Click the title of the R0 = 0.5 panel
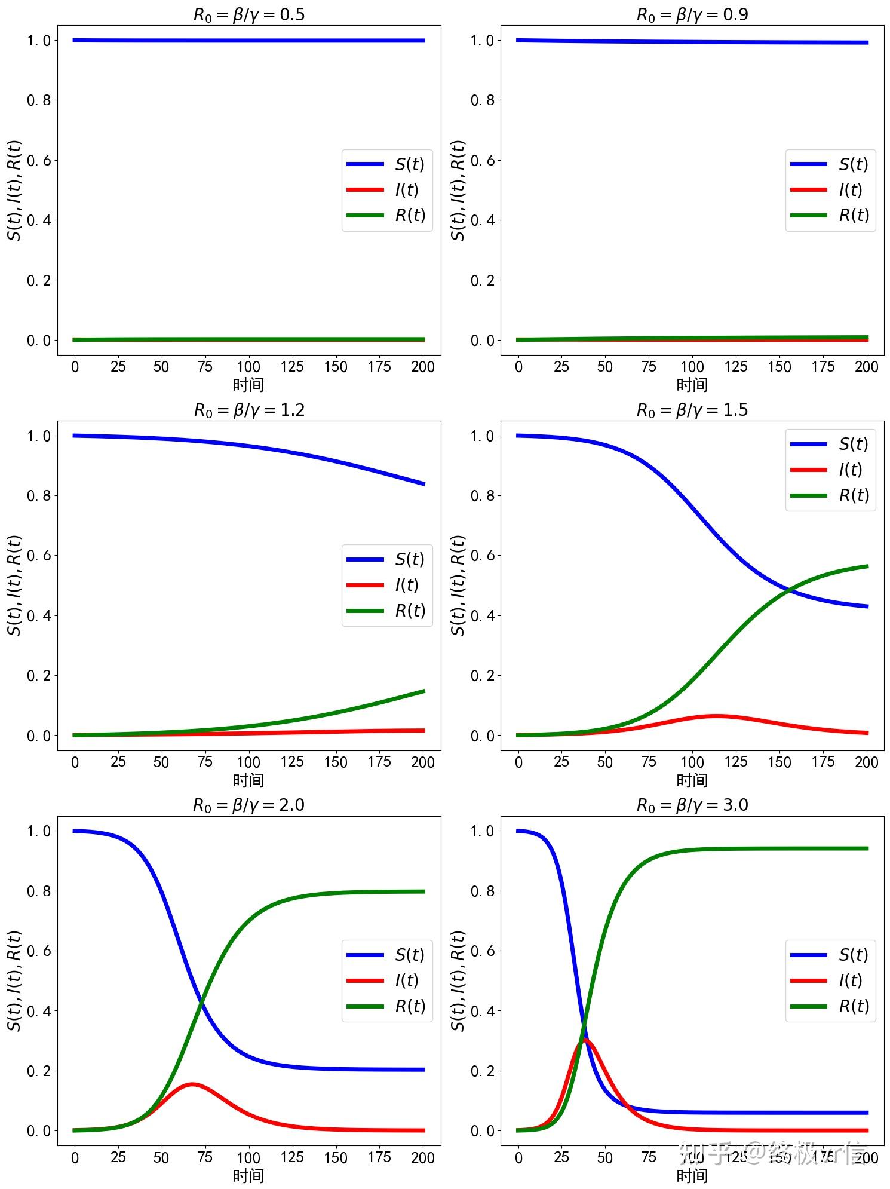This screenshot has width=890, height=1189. coord(248,14)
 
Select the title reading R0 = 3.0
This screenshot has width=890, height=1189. coord(692,805)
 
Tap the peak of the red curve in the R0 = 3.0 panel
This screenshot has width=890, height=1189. coord(585,1040)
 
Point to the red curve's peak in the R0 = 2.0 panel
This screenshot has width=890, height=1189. coord(192,1084)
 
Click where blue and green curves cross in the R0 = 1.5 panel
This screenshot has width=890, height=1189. coord(790,590)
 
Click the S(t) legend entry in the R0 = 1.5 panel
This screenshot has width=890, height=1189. coord(830,444)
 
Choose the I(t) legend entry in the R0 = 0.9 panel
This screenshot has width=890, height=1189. coord(830,189)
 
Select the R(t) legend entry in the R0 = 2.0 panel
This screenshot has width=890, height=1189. coord(387,1006)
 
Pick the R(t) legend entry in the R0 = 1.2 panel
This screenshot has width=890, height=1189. coord(387,611)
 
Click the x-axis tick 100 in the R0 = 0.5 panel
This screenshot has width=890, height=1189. coord(248,366)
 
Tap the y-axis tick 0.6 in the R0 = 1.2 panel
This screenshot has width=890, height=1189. coord(39,556)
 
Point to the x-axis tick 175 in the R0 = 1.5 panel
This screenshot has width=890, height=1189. coord(823,762)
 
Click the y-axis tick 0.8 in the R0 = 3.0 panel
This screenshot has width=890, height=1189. coord(483,891)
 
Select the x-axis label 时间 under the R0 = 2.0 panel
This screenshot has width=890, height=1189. coord(248,1175)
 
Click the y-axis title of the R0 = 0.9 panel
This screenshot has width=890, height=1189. coord(458,190)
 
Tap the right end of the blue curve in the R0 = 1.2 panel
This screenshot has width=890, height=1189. coord(423,483)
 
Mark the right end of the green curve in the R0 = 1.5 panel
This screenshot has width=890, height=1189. coord(867,566)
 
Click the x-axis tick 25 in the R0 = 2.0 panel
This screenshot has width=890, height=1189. coord(118,1157)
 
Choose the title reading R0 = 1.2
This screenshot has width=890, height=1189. coord(248,410)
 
